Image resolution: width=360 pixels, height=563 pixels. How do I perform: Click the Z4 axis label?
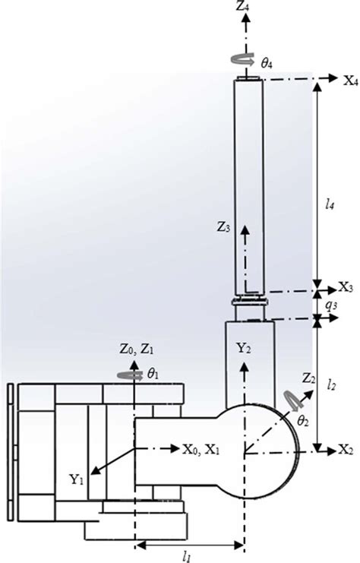coord(242,6)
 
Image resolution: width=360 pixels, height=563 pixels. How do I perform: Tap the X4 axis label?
coord(351,81)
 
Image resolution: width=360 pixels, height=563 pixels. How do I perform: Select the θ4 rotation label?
coord(267,64)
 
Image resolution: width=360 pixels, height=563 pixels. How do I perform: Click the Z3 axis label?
coord(223,227)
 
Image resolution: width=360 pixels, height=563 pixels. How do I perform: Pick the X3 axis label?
coord(346,287)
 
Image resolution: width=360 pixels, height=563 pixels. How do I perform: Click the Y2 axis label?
coord(243,347)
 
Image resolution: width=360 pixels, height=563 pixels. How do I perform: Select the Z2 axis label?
coord(308,378)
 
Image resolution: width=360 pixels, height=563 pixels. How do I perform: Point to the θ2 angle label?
coord(303,421)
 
